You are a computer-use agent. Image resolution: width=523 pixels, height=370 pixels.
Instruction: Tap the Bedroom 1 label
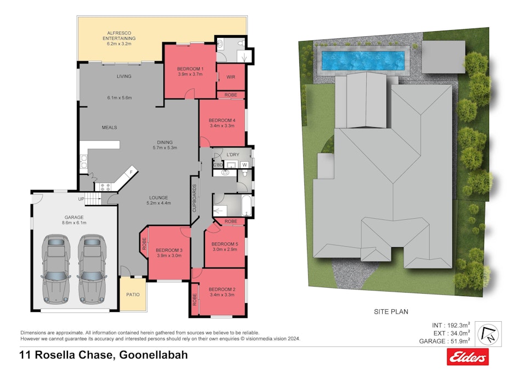(x=190, y=69)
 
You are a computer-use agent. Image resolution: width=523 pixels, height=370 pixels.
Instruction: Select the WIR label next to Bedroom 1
(x=231, y=77)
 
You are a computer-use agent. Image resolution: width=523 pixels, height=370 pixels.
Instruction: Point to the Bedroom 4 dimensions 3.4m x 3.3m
(x=222, y=126)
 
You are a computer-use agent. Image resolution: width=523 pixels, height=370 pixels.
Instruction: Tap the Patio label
(x=133, y=294)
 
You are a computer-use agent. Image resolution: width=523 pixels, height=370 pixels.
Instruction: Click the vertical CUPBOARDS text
(x=195, y=198)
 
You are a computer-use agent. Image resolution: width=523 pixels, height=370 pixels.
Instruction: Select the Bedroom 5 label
(x=224, y=244)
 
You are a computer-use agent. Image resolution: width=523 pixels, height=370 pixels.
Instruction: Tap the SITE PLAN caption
(x=391, y=311)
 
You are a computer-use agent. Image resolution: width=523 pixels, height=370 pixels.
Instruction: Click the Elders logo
(x=468, y=358)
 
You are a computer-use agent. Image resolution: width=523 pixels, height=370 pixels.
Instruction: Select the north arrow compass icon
(x=489, y=333)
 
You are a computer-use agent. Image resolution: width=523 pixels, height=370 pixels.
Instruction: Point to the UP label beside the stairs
(x=81, y=198)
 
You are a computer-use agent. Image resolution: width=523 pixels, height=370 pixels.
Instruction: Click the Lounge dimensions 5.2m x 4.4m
(x=160, y=203)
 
